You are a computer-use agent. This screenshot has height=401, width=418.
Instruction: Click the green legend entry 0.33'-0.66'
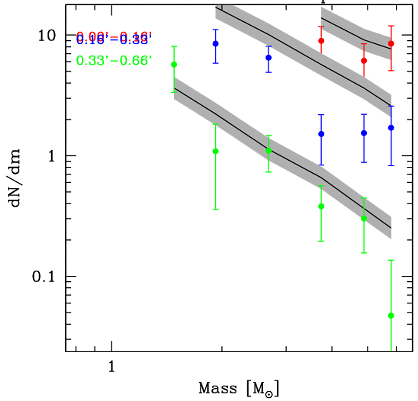pyautogui.click(x=115, y=61)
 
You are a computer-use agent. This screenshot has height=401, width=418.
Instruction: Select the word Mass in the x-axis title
pyautogui.click(x=218, y=389)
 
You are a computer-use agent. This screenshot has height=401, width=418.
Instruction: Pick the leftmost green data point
pyautogui.click(x=174, y=65)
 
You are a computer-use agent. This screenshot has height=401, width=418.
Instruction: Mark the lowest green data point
pyautogui.click(x=391, y=315)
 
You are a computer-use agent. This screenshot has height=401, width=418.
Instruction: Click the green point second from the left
pyautogui.click(x=215, y=151)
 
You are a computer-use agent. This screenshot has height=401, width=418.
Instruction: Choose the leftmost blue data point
pyautogui.click(x=215, y=44)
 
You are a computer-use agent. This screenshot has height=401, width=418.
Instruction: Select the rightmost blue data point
pyautogui.click(x=391, y=128)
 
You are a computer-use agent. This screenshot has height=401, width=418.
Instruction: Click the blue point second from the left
pyautogui.click(x=268, y=57)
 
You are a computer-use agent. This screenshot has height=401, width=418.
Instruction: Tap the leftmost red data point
pyautogui.click(x=321, y=41)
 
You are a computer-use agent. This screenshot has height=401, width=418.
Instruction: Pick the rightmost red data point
pyautogui.click(x=391, y=44)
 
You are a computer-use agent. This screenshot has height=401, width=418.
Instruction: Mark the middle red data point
pyautogui.click(x=364, y=61)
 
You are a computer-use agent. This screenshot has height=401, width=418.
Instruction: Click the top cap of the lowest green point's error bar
pyautogui.click(x=391, y=260)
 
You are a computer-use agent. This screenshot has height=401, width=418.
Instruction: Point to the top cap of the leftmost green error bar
pyautogui.click(x=174, y=46)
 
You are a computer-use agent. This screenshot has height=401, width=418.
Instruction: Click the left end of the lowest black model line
pyautogui.click(x=174, y=88)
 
